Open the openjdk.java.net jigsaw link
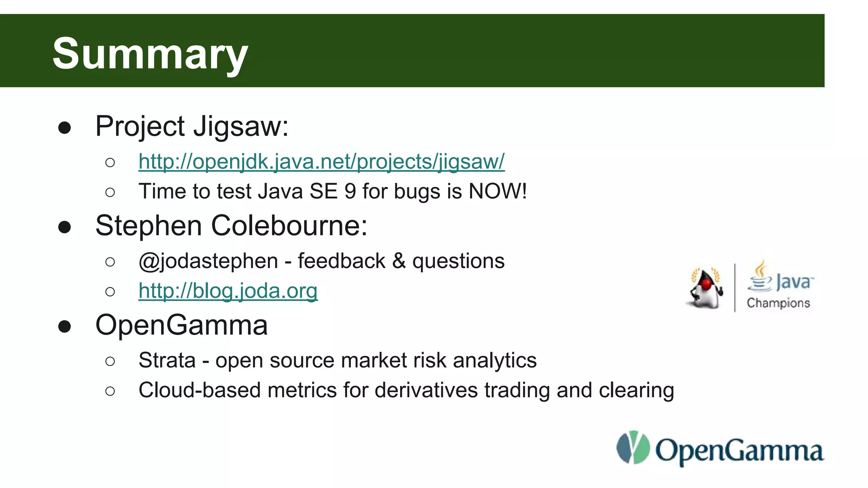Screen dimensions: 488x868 tap(321, 161)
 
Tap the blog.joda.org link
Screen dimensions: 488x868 tap(228, 291)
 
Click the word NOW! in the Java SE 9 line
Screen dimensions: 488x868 tap(498, 191)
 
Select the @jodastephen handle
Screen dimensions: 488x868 tap(208, 261)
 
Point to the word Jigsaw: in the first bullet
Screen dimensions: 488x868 tap(240, 126)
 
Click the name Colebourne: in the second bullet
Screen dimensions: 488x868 tap(289, 225)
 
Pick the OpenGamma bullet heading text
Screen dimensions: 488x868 tap(181, 325)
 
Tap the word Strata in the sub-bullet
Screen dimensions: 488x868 tap(167, 360)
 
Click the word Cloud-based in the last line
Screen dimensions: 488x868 tap(199, 390)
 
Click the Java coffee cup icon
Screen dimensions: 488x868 tap(760, 276)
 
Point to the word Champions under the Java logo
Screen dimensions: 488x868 tap(778, 303)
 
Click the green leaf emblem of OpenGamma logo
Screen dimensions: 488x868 tap(633, 447)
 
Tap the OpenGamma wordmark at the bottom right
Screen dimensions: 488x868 tap(739, 451)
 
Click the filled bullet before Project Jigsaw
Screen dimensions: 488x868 tap(64, 128)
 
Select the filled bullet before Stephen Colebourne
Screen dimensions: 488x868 tap(64, 227)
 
